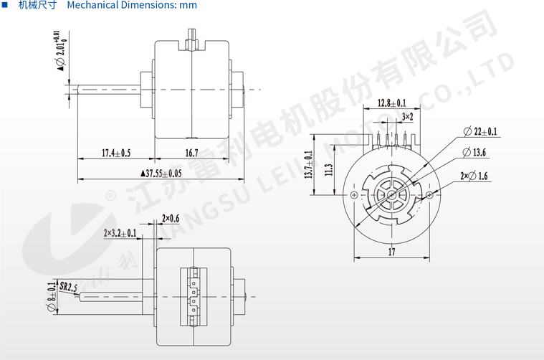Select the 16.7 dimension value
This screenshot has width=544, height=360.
pos(191,153)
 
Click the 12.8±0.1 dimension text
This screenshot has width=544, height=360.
pos(391,103)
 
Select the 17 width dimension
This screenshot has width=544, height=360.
pos(391,252)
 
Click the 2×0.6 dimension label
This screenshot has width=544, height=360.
pos(171,218)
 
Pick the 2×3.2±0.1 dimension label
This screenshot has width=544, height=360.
pos(120,233)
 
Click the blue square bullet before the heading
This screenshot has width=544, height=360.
pos(6,5)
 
